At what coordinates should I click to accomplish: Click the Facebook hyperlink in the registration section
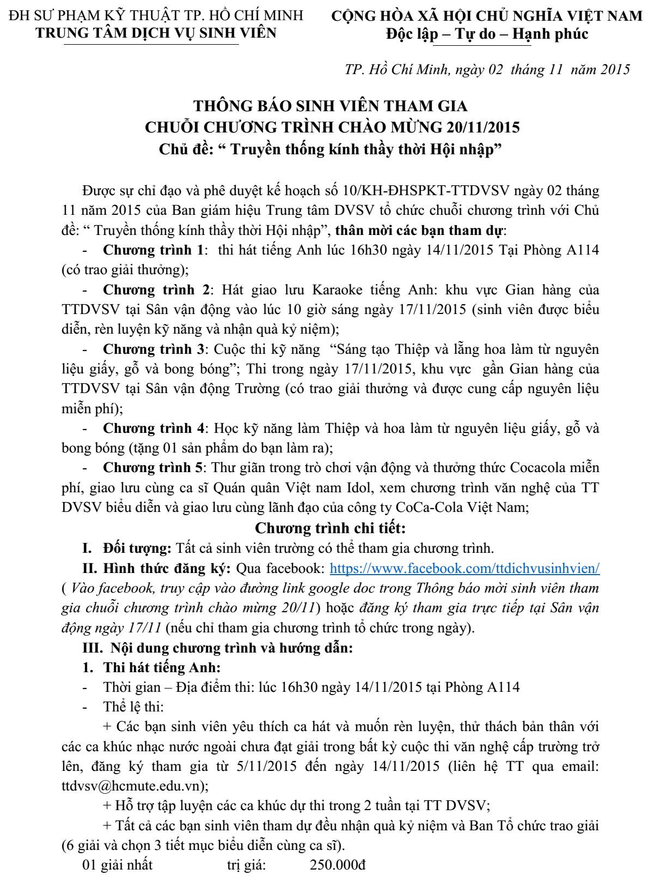point(464,569)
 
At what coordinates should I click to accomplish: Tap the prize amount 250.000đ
point(338,865)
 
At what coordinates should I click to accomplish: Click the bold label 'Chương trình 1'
point(153,250)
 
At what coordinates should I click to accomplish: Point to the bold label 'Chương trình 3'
point(154,349)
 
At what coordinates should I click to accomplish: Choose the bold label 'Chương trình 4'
point(154,429)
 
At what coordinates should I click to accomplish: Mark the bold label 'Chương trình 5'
point(152,468)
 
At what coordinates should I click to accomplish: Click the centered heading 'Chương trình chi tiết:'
point(330,528)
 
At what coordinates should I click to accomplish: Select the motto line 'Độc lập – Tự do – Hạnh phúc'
point(487,34)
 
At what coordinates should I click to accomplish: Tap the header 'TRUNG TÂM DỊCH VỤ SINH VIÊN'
point(156,33)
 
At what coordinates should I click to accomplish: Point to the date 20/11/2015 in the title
point(482,128)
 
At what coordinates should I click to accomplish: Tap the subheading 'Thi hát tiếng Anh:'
point(162,667)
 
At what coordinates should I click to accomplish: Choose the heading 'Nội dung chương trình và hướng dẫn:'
point(231,648)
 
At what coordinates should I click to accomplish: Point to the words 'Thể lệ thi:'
point(133,707)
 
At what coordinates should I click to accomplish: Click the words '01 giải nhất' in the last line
point(117,865)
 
